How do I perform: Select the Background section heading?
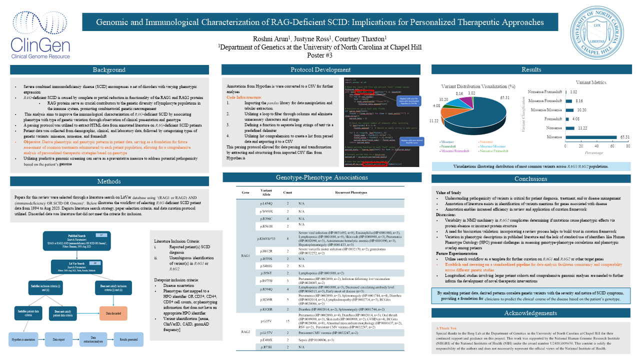coord(109,70)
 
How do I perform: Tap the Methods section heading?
coord(109,181)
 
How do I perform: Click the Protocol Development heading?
coord(320,70)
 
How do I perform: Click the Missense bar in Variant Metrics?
coord(594,136)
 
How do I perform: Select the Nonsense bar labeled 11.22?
coord(569,127)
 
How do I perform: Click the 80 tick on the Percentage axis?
coord(613,146)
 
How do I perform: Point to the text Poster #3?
coord(319,55)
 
